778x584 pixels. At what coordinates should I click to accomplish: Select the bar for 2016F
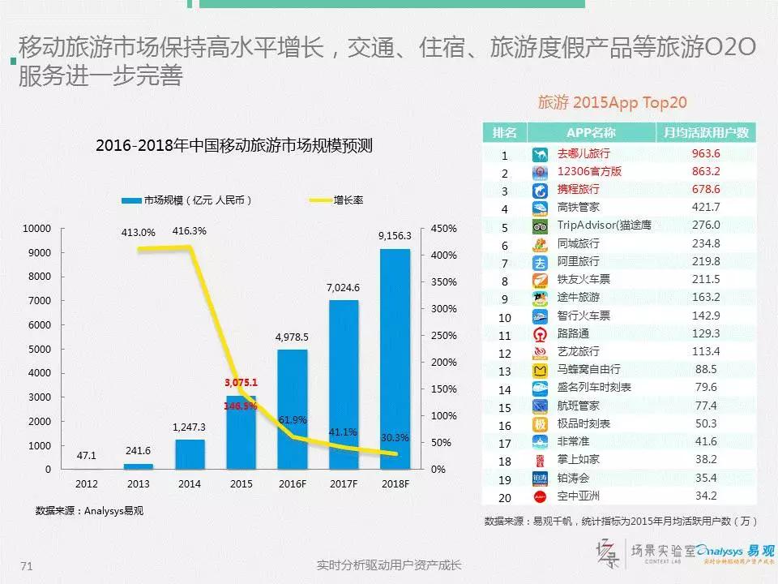[x=293, y=410]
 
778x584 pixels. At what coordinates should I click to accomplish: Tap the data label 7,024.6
[x=343, y=287]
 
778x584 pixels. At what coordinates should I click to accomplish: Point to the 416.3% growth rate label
[x=189, y=230]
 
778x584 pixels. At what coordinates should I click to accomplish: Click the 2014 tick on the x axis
[x=190, y=485]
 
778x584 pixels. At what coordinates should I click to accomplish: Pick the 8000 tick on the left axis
[x=40, y=277]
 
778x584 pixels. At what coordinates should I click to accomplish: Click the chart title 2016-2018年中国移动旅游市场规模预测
[x=233, y=147]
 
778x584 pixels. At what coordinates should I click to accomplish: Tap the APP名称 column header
[x=591, y=133]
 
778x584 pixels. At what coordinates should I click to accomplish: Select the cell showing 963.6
[x=706, y=154]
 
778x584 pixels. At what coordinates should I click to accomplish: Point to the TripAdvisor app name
[x=604, y=225]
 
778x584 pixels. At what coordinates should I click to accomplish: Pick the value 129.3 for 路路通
[x=706, y=333]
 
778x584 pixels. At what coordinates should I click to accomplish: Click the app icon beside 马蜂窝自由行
[x=541, y=370]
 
